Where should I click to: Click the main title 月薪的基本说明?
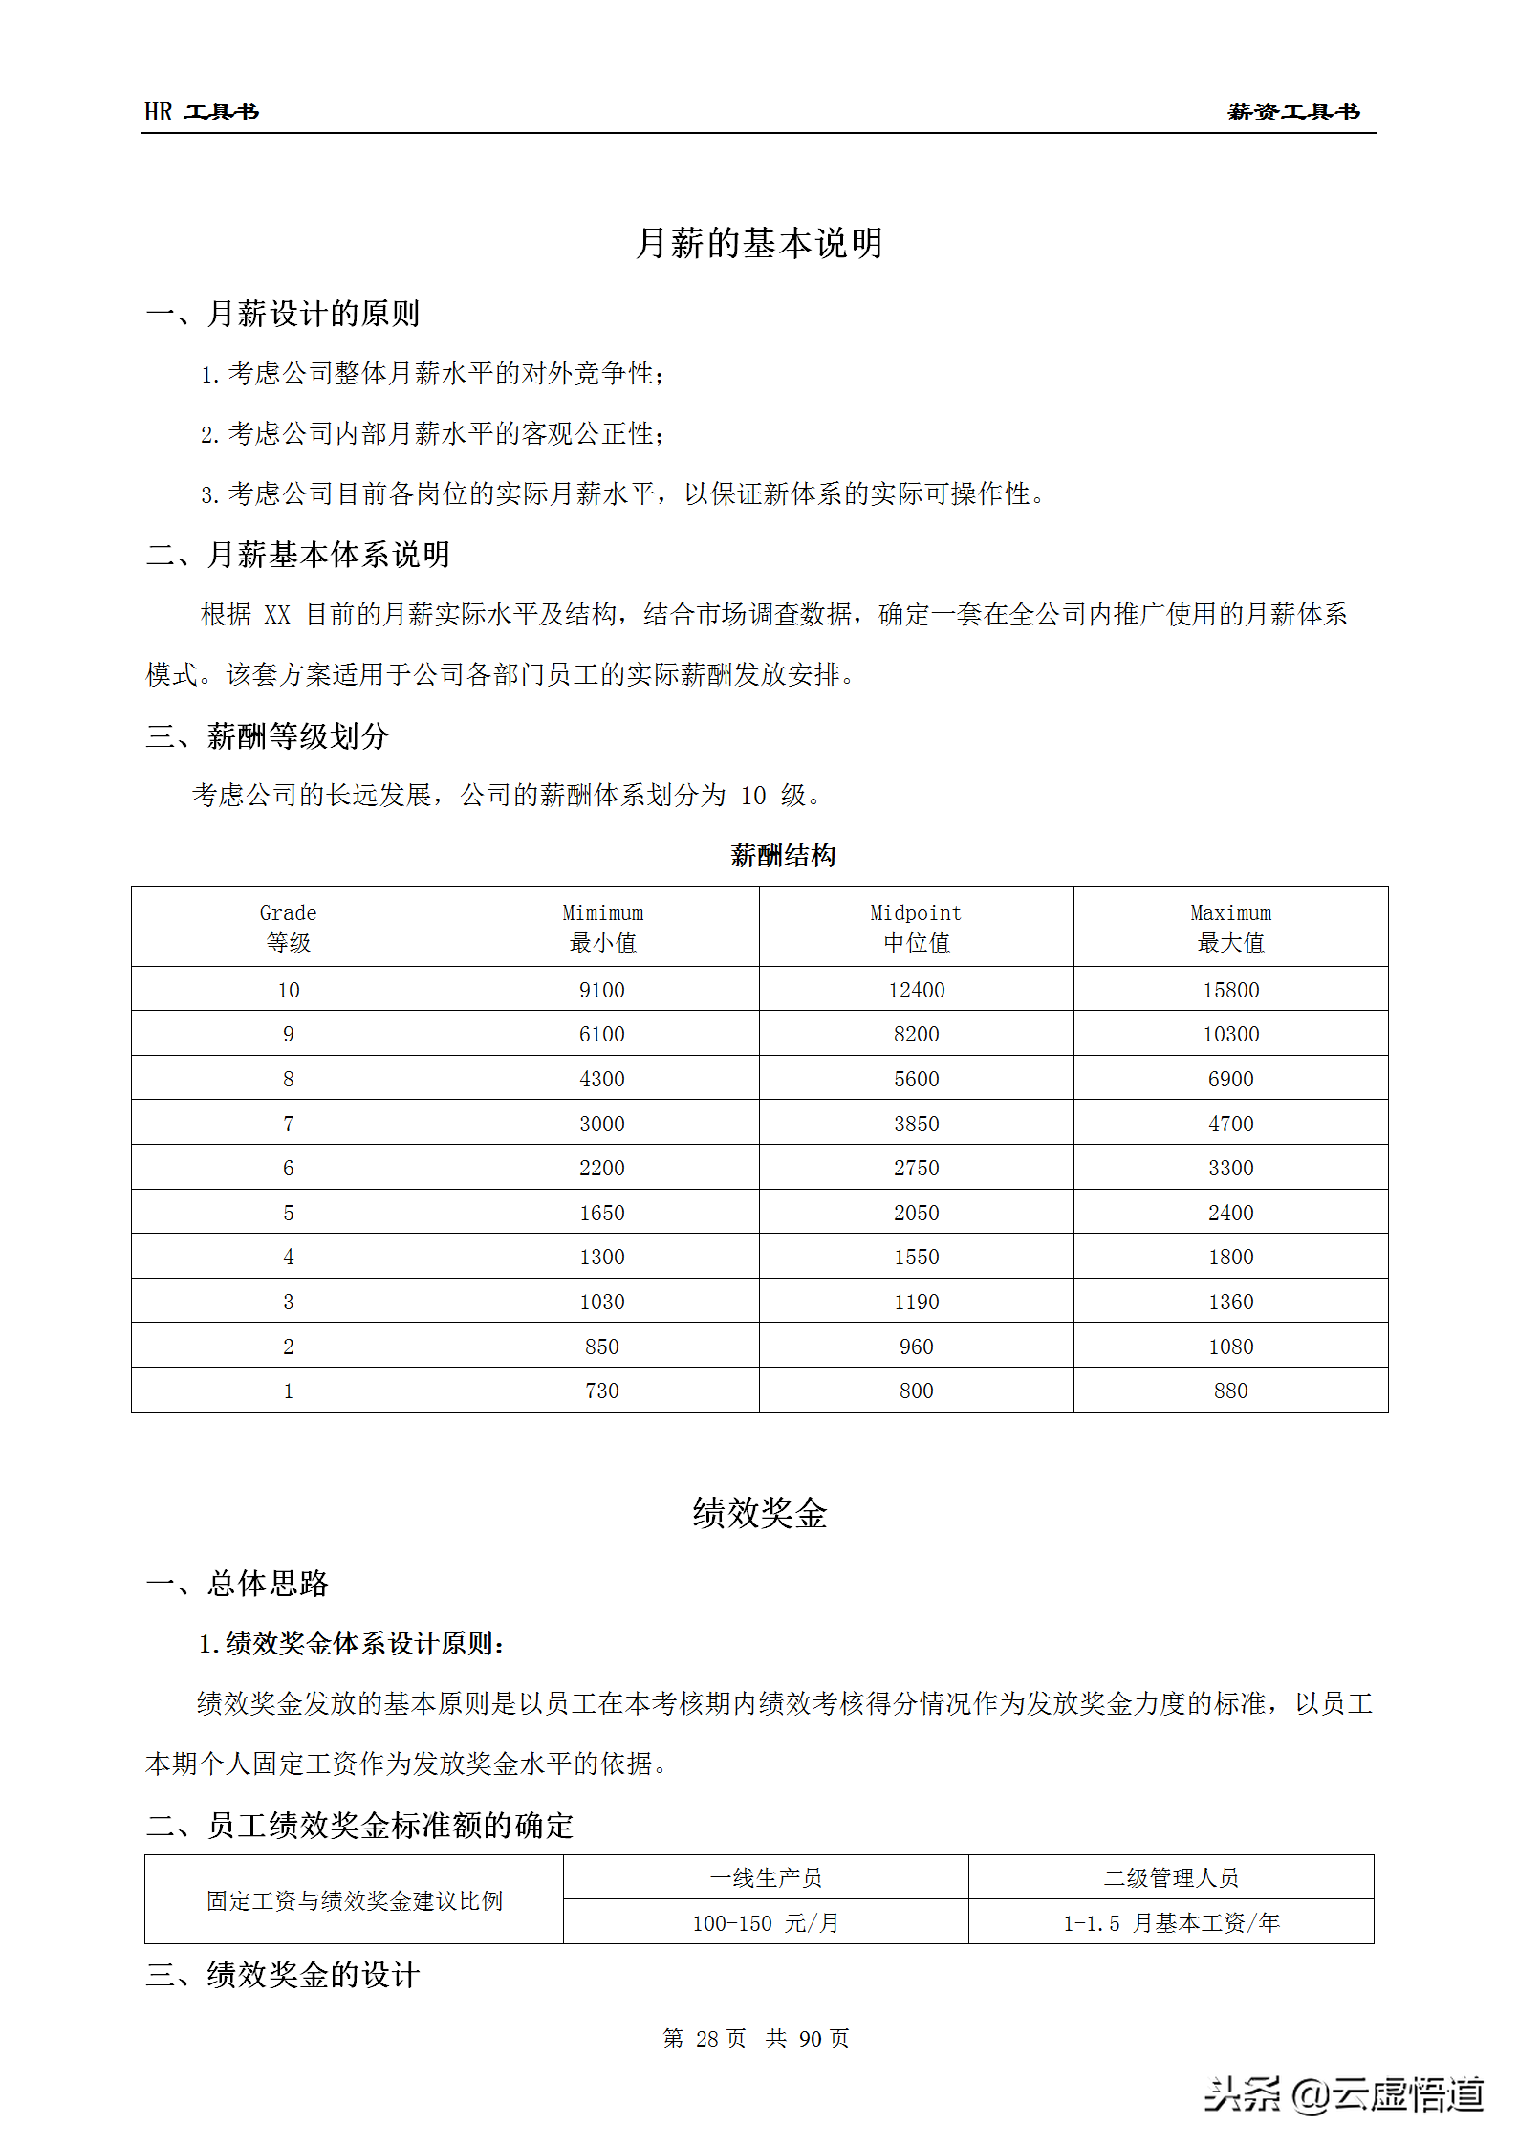tap(759, 243)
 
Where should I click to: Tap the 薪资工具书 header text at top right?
tap(1292, 112)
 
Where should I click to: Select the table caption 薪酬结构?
tap(783, 855)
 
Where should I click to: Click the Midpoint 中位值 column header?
tap(916, 927)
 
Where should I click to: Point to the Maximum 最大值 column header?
tap(1230, 927)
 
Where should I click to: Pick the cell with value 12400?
tap(916, 990)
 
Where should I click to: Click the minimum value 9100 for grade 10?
tap(602, 990)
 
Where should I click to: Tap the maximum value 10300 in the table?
tap(1230, 1034)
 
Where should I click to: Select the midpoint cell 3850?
tap(916, 1124)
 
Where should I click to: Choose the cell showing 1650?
tap(602, 1213)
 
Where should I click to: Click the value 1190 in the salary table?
tap(916, 1302)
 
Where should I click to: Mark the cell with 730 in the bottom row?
tap(602, 1391)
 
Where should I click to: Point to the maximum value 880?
tap(1230, 1391)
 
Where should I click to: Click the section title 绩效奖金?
tap(759, 1513)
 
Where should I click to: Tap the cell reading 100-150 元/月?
tap(766, 1922)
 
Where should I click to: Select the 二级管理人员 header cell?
tap(1171, 1877)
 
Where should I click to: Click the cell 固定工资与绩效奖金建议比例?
tap(354, 1900)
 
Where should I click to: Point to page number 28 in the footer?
tap(706, 2038)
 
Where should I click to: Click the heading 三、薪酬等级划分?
tap(268, 735)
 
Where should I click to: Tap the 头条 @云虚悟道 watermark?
tap(1343, 2093)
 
